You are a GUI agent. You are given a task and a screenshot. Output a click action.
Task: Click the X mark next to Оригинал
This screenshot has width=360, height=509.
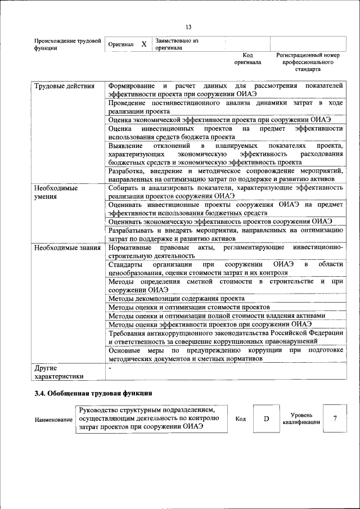(144, 44)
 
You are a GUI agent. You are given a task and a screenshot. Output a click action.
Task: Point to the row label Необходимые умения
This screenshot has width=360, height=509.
(56, 192)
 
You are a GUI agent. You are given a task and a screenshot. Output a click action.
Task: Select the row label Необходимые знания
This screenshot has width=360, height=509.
(67, 247)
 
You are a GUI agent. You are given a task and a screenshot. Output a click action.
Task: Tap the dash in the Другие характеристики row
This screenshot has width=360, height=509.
(110, 368)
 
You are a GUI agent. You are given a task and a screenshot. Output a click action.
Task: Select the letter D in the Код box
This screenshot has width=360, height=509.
(267, 419)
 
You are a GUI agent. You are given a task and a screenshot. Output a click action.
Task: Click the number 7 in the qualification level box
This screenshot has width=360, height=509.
(335, 418)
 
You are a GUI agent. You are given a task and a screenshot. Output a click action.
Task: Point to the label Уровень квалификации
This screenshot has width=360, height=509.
(301, 418)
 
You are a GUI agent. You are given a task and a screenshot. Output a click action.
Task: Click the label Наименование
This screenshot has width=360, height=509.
(53, 420)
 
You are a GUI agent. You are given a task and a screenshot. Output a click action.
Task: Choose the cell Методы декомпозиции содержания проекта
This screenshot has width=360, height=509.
(177, 298)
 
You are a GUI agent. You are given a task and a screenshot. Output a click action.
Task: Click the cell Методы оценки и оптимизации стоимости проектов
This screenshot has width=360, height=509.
(189, 307)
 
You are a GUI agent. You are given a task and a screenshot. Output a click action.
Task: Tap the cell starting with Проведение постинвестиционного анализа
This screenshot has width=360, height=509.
(225, 107)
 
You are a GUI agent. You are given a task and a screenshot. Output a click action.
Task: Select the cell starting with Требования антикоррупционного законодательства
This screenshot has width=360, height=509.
(225, 337)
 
